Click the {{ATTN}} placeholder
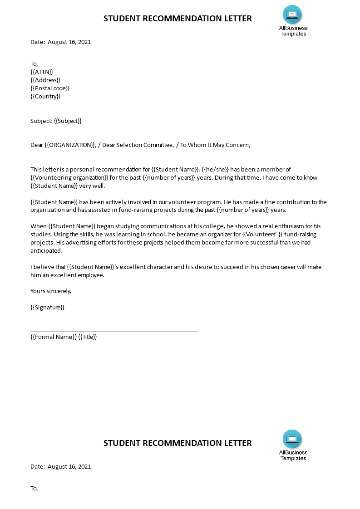click(42, 72)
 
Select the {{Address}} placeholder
click(45, 80)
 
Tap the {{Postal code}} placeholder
click(50, 88)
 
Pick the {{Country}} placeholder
click(45, 96)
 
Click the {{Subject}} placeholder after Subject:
click(68, 121)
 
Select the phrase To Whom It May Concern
click(215, 145)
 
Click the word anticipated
click(46, 250)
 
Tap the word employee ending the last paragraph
click(91, 275)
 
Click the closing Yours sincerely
click(51, 291)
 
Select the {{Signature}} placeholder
click(48, 308)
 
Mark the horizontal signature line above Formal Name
click(114, 332)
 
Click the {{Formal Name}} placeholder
click(54, 337)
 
